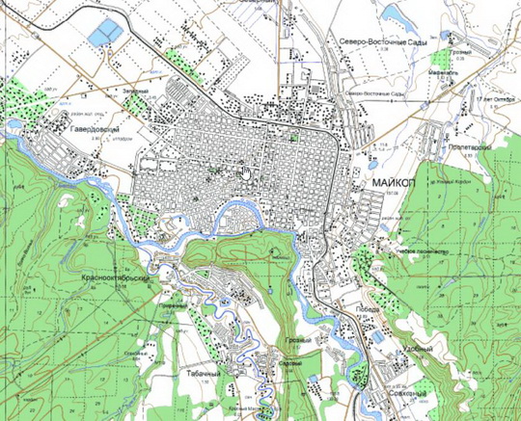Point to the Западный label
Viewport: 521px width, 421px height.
(x=135, y=91)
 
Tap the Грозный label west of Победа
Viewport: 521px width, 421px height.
(x=299, y=339)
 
